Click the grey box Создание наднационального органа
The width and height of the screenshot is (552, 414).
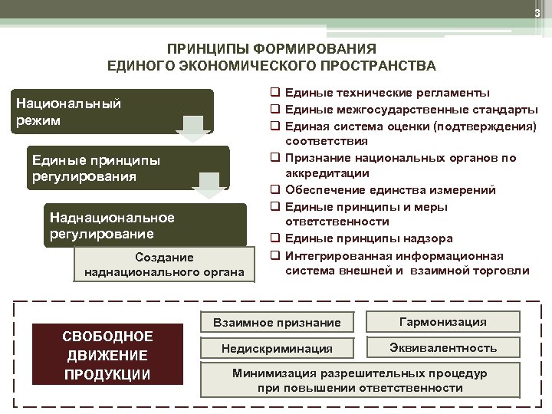click(164, 264)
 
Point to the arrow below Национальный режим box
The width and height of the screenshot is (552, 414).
click(195, 130)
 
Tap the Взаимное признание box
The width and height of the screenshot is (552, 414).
click(275, 323)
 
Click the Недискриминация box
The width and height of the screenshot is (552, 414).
click(277, 349)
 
